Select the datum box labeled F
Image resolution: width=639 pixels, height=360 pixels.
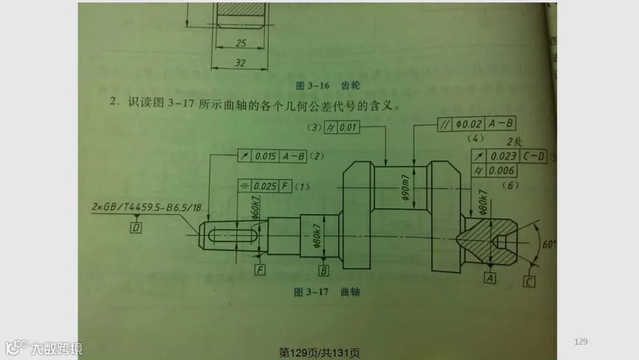pyautogui.click(x=260, y=270)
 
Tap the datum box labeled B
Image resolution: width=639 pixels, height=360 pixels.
pyautogui.click(x=324, y=271)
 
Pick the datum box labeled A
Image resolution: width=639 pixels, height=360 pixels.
pyautogui.click(x=489, y=277)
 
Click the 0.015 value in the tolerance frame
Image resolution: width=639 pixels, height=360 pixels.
pyautogui.click(x=266, y=156)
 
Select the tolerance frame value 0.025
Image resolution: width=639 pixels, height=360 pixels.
pyautogui.click(x=266, y=187)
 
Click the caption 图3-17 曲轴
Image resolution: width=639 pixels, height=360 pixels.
pyautogui.click(x=327, y=292)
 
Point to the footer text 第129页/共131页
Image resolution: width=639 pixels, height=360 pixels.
pyautogui.click(x=319, y=353)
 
